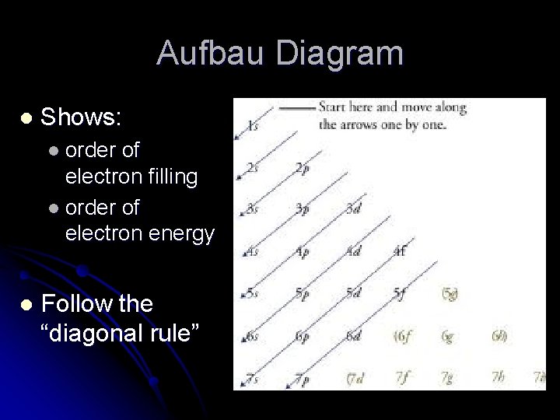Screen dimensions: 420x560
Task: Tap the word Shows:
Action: [x=81, y=118]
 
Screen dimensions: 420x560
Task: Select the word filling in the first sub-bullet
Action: [x=170, y=177]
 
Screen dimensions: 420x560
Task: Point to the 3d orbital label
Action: [x=354, y=209]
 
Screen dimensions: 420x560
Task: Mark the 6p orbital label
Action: [x=302, y=336]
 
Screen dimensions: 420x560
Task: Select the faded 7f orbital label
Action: [x=403, y=378]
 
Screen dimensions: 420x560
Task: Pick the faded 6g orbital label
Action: [x=448, y=336]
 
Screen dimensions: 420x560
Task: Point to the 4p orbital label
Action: [x=302, y=251]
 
